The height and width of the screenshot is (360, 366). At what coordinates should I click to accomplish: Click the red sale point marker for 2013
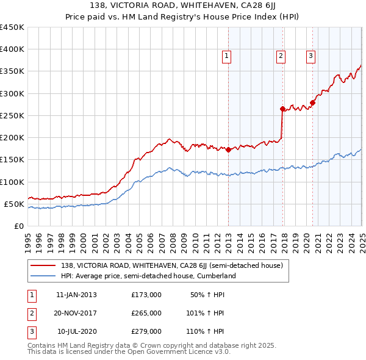[228, 149]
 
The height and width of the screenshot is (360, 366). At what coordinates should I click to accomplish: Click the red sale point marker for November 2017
[282, 109]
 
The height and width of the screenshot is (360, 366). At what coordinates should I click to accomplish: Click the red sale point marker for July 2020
[312, 103]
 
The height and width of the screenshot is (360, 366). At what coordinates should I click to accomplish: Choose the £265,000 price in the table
[146, 313]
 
